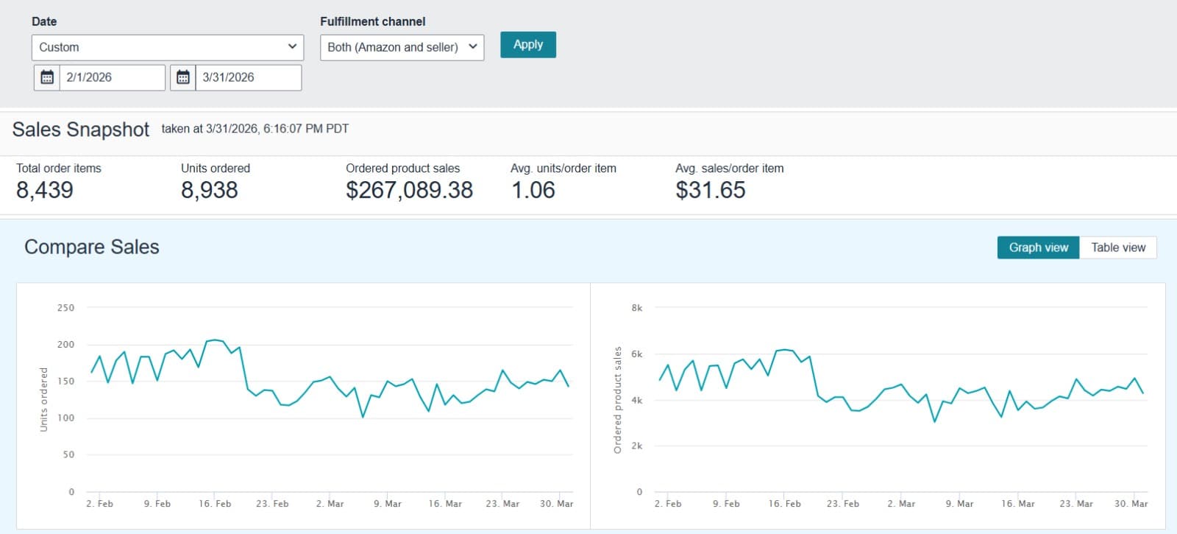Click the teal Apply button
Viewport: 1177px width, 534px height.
(x=527, y=45)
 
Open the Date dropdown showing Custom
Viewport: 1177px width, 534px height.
(x=167, y=47)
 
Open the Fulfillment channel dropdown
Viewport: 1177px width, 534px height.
(x=402, y=47)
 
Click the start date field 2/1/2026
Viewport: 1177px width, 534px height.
(x=112, y=77)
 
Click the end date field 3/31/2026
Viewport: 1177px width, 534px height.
(x=248, y=77)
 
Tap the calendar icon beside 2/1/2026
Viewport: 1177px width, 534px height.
(x=47, y=77)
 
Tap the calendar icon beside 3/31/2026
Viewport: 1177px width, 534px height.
(x=183, y=77)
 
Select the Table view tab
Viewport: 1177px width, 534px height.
(x=1117, y=247)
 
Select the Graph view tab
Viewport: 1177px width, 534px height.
(x=1038, y=247)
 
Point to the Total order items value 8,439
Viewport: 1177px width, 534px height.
(x=45, y=190)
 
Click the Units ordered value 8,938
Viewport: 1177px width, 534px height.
(x=210, y=190)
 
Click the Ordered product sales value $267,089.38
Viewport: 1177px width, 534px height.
(x=409, y=190)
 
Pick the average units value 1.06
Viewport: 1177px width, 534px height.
(x=533, y=190)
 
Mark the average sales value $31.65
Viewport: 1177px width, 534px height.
(x=711, y=190)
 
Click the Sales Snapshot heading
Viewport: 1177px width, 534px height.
(x=81, y=130)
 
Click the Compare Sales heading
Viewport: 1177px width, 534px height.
(x=92, y=247)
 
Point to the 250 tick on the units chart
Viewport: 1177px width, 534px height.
(x=65, y=308)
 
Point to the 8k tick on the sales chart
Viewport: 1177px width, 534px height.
(x=637, y=308)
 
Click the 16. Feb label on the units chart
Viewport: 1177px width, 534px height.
(x=215, y=504)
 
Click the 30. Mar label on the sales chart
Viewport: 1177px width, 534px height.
(x=1131, y=504)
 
